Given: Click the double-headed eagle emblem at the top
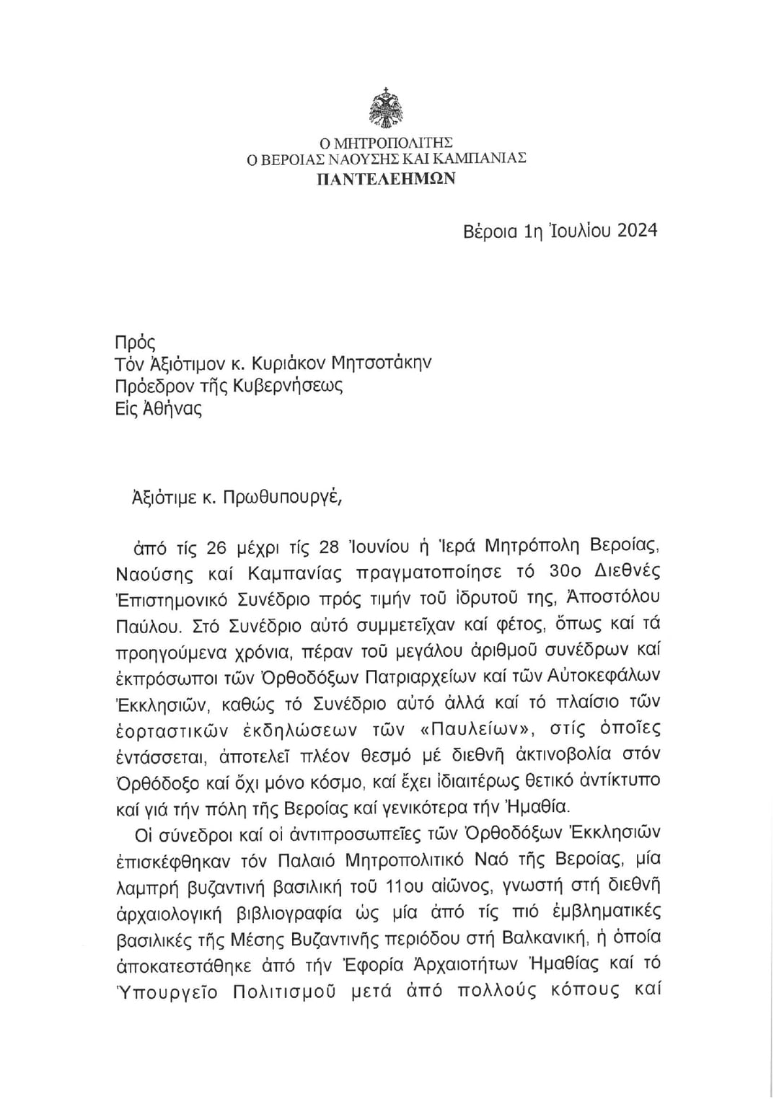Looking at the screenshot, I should pos(386,109).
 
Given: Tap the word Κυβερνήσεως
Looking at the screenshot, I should pos(288,385).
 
